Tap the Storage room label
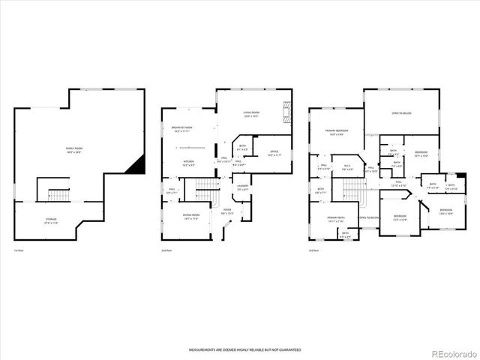51,220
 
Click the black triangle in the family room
135,166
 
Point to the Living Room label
250,115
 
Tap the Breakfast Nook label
182,129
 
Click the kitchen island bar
188,147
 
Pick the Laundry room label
242,187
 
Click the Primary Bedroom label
334,133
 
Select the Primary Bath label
335,218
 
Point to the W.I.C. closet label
347,167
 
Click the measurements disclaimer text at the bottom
239,349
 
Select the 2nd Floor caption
166,250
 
